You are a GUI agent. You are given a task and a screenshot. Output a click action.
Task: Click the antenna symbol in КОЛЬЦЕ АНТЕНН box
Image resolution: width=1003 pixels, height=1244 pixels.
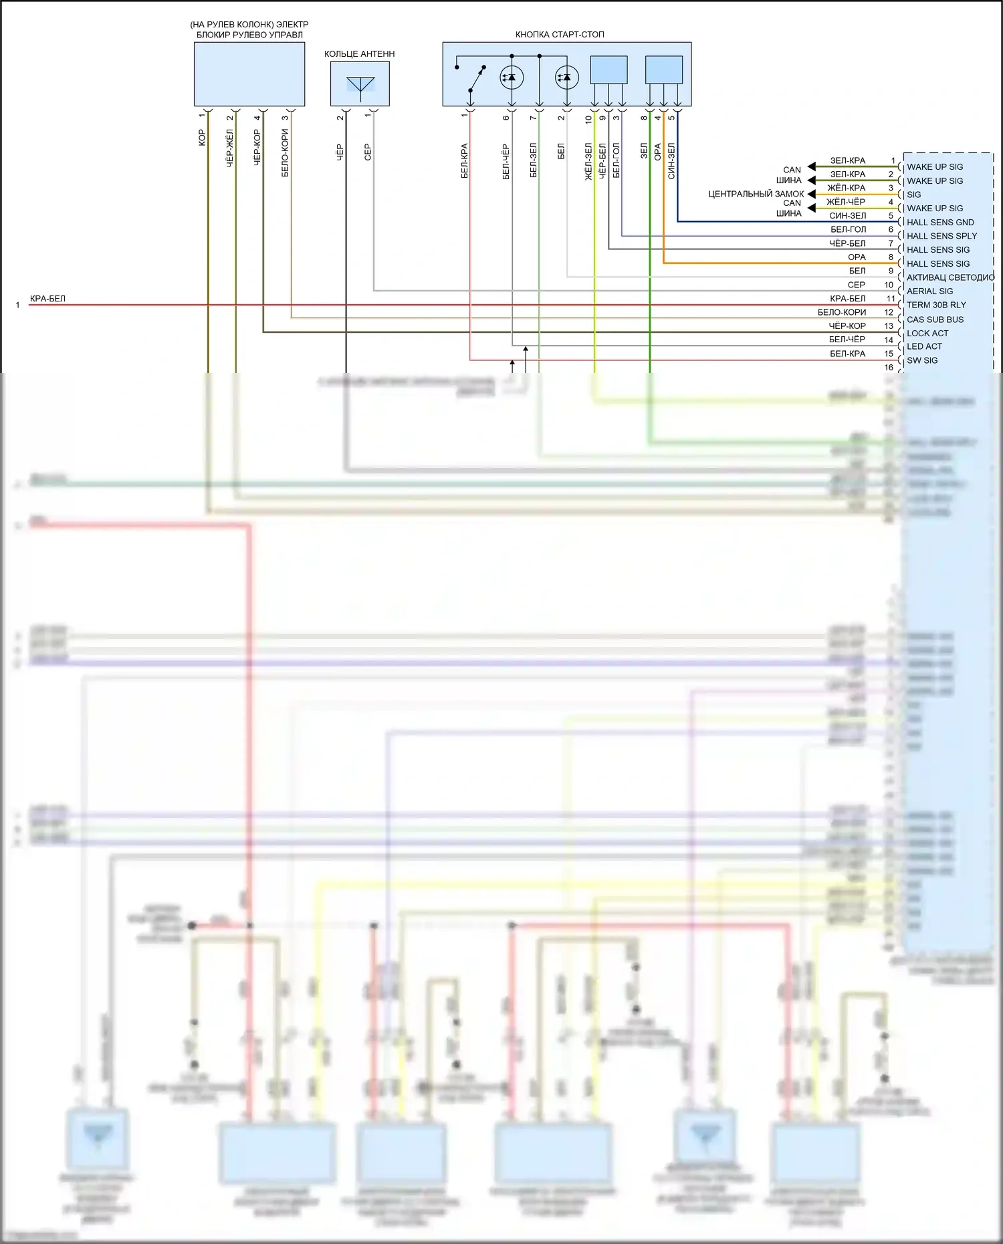point(360,86)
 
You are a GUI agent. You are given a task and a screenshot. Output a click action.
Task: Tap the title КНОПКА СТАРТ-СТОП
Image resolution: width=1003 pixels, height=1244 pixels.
point(560,35)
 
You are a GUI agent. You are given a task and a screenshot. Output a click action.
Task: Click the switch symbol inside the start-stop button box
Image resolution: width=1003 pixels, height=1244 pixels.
point(475,80)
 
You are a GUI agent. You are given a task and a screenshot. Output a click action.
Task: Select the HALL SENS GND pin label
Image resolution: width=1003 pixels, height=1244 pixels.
point(940,223)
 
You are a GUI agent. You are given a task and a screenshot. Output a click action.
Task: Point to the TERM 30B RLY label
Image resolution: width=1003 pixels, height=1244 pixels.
point(936,305)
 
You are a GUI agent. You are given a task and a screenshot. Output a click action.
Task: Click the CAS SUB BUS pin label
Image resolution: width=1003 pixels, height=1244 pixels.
point(935,320)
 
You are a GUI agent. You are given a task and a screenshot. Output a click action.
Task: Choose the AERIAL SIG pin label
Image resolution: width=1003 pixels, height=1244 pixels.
point(929,291)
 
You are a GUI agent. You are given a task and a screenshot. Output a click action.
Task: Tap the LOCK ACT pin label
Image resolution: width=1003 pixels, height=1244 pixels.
point(927,334)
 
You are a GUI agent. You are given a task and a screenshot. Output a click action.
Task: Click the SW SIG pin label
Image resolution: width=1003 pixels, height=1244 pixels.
point(922,360)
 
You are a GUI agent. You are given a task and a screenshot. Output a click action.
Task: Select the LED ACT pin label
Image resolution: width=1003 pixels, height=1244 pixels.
point(924,346)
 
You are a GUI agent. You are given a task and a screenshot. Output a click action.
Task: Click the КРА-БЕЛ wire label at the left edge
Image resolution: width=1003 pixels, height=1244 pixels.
point(47,299)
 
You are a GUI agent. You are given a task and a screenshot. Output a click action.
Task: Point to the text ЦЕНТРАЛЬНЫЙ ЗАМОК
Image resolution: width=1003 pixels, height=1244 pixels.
point(756,195)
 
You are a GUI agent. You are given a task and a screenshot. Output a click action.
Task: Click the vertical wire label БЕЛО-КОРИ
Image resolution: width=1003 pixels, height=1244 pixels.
point(285,152)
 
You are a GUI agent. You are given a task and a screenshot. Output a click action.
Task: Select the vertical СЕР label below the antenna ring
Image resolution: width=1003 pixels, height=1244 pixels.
point(368,152)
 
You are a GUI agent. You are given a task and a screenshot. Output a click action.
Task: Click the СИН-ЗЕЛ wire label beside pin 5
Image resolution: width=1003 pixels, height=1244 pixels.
point(847,216)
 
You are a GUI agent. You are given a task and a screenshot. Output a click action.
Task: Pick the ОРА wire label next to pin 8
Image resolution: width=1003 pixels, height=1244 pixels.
point(857,257)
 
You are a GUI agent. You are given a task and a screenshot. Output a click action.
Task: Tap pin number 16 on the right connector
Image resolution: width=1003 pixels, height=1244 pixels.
point(889,368)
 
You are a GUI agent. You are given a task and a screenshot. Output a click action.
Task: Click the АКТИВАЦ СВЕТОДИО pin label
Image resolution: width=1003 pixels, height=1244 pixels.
point(950,277)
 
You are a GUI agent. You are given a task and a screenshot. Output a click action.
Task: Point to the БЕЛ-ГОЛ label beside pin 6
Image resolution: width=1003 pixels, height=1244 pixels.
point(848,230)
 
